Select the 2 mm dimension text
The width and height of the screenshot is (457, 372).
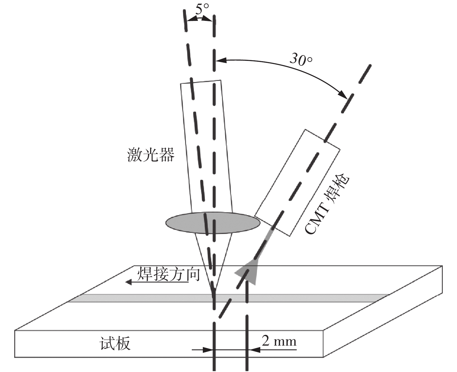(279, 341)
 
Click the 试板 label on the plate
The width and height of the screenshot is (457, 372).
(115, 344)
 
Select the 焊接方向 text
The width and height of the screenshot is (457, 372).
(168, 273)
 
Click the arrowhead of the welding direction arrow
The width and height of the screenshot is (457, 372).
(129, 282)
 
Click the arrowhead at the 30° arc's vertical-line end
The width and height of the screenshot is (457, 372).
(220, 61)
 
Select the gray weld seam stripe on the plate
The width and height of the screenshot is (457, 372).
(145, 298)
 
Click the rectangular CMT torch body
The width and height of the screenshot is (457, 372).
(297, 183)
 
